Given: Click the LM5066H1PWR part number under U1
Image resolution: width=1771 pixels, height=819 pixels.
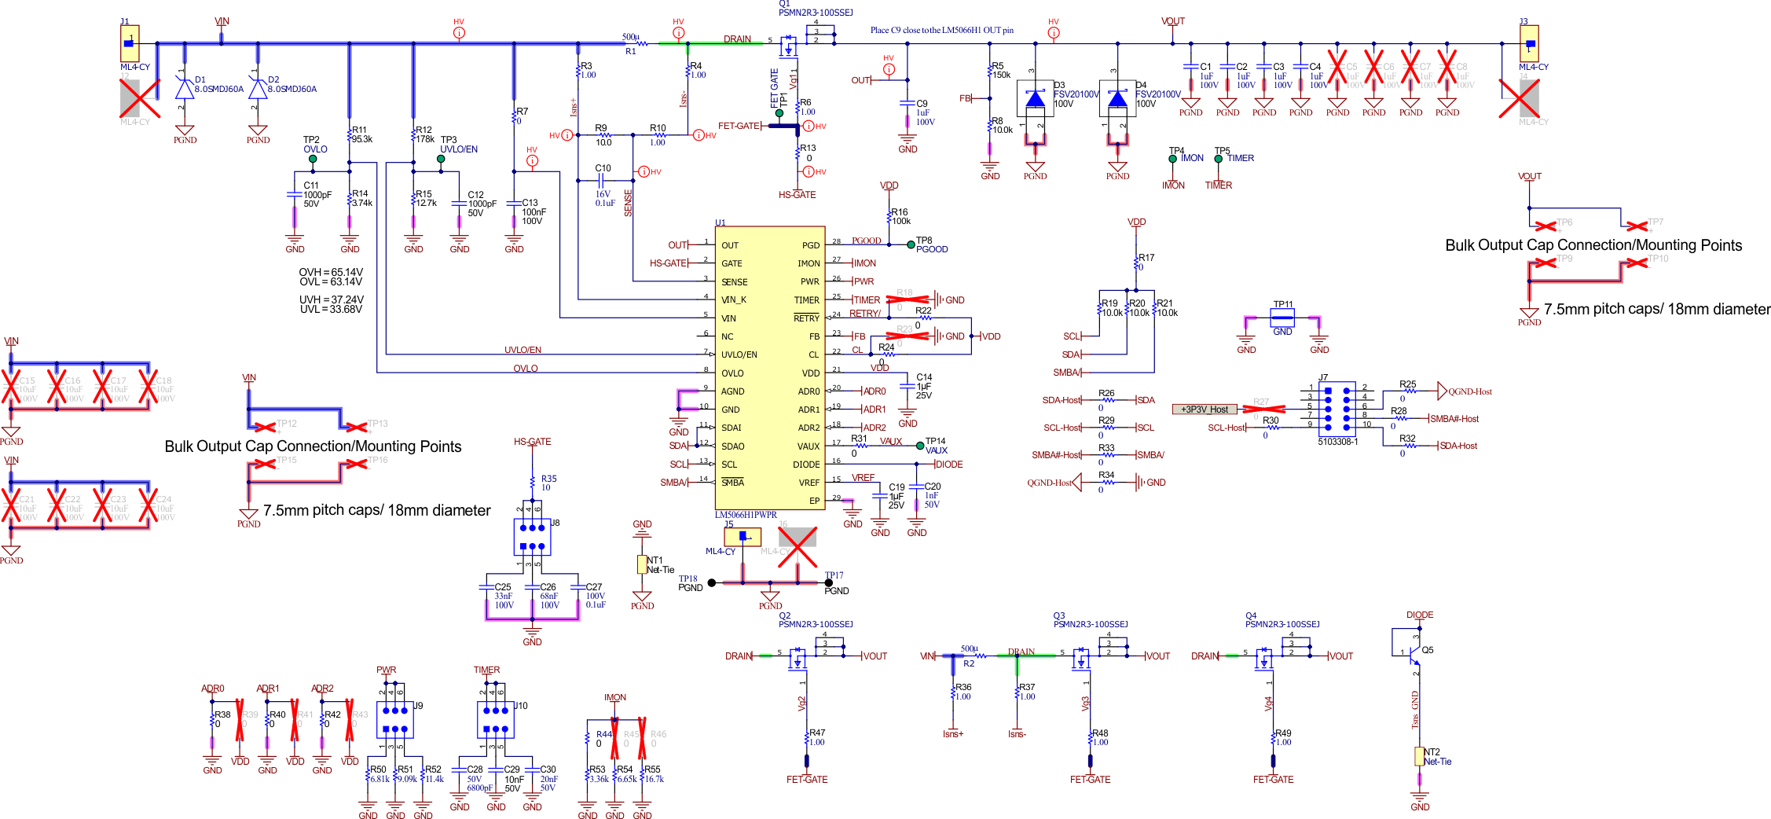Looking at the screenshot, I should [745, 515].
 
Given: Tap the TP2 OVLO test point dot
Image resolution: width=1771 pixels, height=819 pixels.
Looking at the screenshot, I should [313, 160].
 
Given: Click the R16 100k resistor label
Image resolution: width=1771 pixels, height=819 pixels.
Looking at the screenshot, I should [900, 216].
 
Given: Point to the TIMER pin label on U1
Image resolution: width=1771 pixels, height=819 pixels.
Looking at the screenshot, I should [806, 300].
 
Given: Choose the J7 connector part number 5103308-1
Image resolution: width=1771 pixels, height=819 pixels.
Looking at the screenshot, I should [1337, 442].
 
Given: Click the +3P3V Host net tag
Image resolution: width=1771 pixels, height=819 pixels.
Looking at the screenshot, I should [1204, 410].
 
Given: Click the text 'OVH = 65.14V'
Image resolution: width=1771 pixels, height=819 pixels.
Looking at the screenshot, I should [331, 272].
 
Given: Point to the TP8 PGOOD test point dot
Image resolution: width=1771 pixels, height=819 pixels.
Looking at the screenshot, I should [911, 244].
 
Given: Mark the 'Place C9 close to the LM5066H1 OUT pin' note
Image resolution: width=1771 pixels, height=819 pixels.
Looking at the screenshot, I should [941, 31].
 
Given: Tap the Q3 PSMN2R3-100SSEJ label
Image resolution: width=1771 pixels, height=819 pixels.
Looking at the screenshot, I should [1090, 624].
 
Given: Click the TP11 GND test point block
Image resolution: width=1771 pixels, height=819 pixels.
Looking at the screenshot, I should [1282, 318].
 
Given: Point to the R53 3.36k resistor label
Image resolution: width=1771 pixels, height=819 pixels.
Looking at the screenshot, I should [599, 774].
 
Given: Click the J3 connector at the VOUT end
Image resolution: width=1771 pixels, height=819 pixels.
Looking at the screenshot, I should [1529, 44].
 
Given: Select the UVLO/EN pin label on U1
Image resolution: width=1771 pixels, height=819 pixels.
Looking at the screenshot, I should [739, 354].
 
